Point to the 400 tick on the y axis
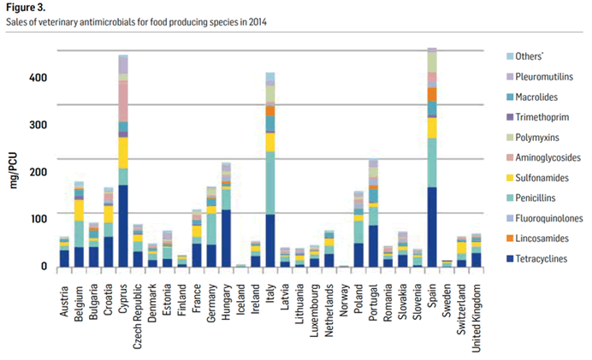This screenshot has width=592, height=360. [x=37, y=78]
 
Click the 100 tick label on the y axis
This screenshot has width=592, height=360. [x=37, y=219]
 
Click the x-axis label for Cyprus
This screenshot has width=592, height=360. [x=123, y=293]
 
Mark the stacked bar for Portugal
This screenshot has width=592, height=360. [x=373, y=214]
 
